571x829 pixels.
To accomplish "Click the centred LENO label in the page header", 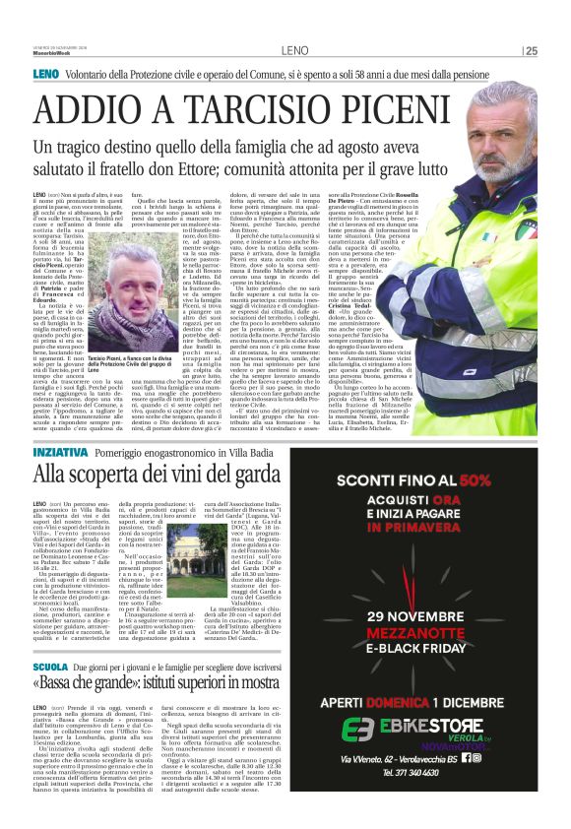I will pyautogui.click(x=293, y=50).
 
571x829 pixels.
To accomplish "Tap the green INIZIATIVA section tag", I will pyautogui.click(x=59, y=452).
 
